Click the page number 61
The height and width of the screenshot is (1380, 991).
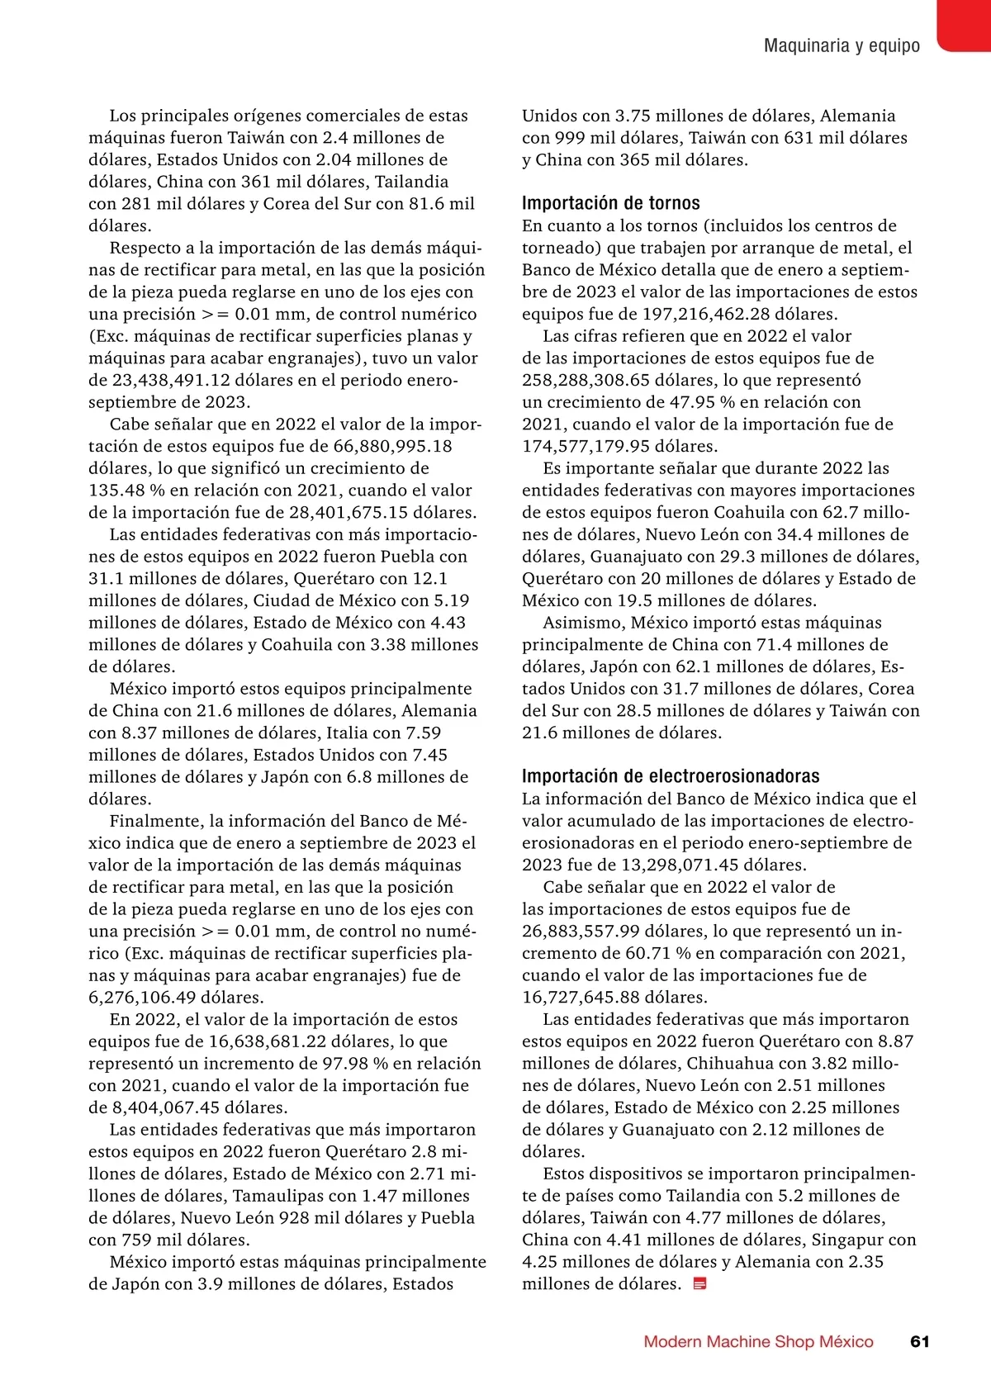[x=919, y=1341]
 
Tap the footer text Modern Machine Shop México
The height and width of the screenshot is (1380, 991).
[x=758, y=1341]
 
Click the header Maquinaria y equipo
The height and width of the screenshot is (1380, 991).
[x=842, y=45]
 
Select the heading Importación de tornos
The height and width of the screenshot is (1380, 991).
[x=610, y=203]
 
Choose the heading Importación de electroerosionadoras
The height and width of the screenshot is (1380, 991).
[x=671, y=776]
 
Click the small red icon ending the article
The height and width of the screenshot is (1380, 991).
[x=699, y=1283]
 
